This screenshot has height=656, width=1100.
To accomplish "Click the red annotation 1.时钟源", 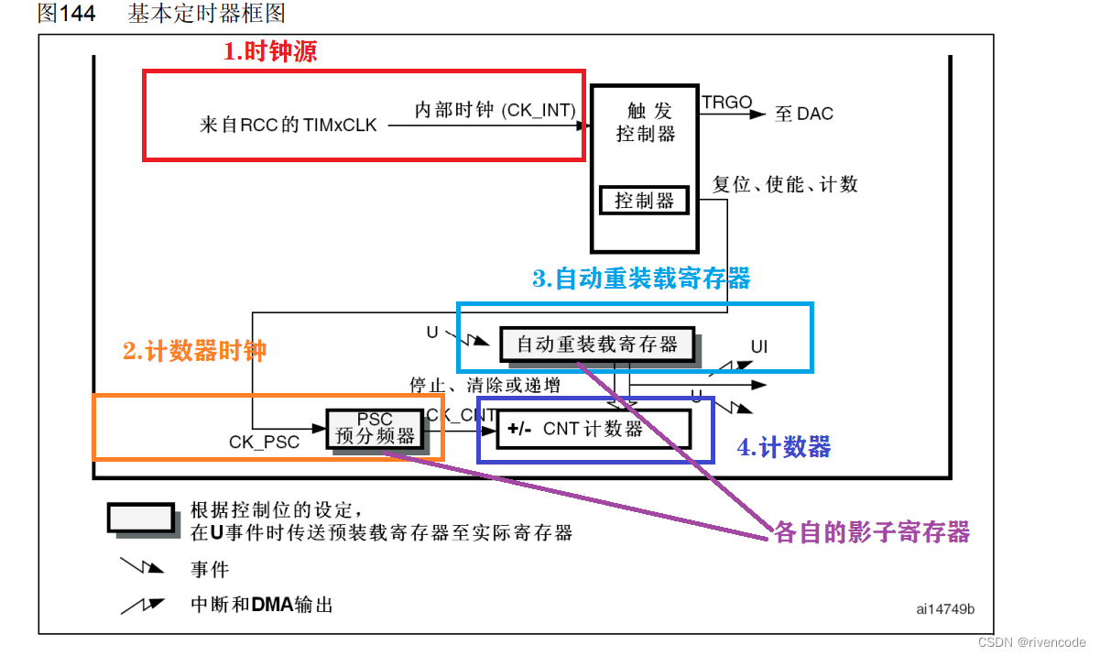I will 270,52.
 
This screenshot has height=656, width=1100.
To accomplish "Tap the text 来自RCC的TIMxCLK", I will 288,126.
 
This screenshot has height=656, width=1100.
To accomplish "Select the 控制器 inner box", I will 644,200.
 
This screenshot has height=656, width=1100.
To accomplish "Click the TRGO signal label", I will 726,103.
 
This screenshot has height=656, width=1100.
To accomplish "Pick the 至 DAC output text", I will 804,115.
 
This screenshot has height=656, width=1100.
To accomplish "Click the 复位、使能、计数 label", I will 785,184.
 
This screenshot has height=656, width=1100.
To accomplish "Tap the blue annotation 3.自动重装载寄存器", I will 641,279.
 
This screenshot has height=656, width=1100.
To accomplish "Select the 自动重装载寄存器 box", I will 597,344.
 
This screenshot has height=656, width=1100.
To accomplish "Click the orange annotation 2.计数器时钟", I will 194,351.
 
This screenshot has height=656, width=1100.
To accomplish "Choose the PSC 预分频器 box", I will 376,428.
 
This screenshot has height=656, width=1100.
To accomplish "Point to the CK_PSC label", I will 264,442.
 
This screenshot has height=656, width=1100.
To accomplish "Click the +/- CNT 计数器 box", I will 593,429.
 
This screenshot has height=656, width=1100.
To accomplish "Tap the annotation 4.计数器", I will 784,447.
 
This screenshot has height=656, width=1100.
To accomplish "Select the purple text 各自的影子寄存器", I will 871,532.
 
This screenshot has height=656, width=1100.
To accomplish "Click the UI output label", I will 759,346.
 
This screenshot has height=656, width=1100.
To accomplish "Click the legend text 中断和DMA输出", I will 261,605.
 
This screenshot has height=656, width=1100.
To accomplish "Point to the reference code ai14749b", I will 945,608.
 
